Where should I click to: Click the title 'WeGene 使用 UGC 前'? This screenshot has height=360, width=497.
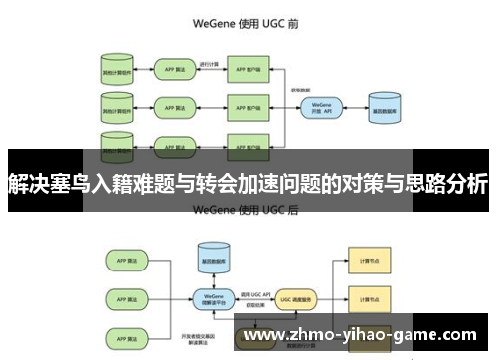tap(248, 22)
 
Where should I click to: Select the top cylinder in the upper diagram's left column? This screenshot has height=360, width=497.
tap(117, 72)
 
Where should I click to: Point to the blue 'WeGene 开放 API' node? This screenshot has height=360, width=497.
tap(320, 106)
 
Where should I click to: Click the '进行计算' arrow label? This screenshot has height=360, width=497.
tap(210, 63)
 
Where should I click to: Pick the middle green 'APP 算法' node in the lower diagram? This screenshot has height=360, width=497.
tap(123, 295)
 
